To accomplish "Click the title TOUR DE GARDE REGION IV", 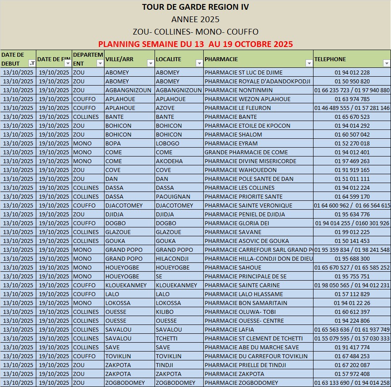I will pos(195,7).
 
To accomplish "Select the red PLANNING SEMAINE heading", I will pos(195,44).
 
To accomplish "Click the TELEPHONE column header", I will pos(330,59).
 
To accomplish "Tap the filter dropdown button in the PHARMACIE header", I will pos(309,63).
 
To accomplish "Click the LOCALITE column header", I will pos(168,59).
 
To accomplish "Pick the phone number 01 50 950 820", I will pos(352,81).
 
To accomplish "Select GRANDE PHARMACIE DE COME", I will pos(246,152).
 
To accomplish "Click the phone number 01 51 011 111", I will pos(352,179).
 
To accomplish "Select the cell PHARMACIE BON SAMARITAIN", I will pos(246,303).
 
